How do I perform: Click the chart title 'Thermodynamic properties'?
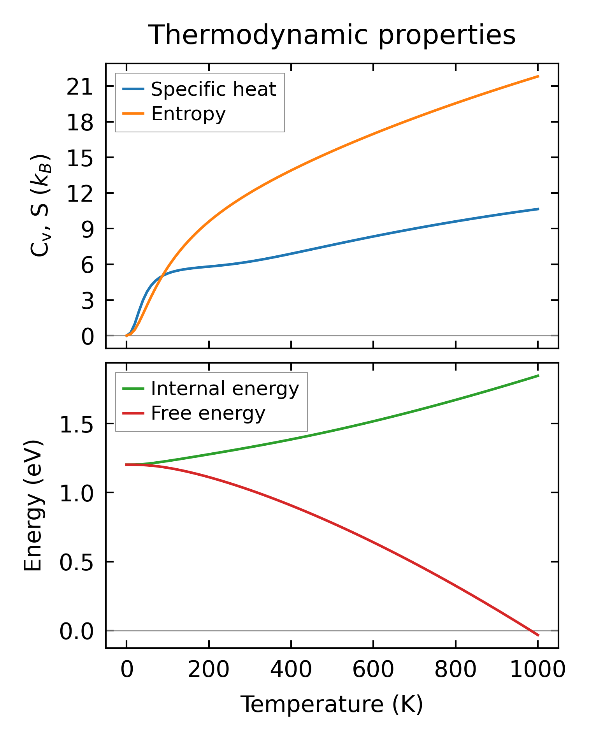332,35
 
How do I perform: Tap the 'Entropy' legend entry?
188,114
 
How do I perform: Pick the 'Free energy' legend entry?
208,413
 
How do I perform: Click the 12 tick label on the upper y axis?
80,193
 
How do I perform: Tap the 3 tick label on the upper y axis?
88,301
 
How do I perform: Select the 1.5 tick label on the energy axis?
77,424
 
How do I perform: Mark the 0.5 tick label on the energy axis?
77,562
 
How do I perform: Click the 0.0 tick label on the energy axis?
77,631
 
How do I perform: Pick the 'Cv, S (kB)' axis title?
40,206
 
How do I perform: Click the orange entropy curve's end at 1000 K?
538,76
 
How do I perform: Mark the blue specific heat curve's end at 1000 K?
538,209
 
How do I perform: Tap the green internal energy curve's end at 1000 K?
538,376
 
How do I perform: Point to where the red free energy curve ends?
538,635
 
